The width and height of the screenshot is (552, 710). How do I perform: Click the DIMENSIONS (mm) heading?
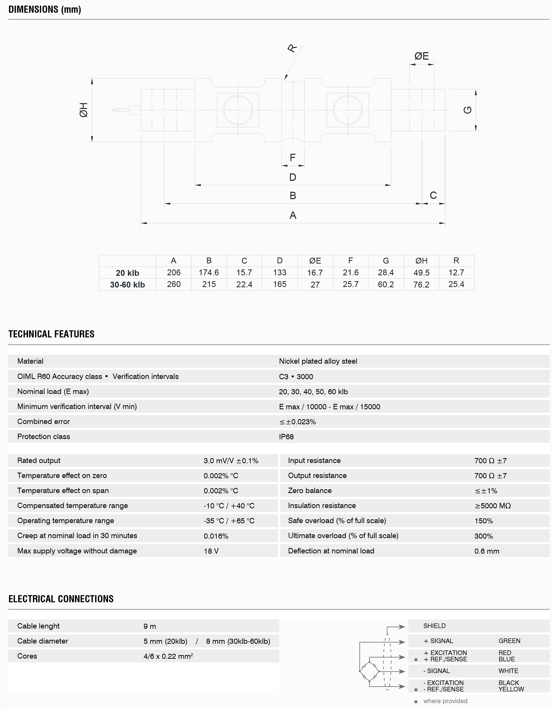(45, 9)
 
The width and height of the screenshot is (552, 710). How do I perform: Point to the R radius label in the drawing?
(292, 48)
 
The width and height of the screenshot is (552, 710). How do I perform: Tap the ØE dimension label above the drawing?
(421, 56)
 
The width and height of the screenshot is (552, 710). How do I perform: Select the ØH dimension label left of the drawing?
(84, 110)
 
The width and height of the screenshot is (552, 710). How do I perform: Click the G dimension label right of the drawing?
(467, 110)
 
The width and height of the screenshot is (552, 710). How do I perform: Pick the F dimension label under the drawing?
(293, 158)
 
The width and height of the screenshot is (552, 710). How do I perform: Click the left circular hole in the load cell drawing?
(238, 110)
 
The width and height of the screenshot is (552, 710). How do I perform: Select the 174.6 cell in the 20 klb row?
(209, 272)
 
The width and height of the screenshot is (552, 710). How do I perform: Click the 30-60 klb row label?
(127, 285)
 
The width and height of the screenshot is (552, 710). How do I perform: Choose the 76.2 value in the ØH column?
(421, 285)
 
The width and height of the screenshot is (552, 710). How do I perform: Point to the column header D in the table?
(280, 261)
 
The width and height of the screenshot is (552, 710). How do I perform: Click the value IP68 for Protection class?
(286, 436)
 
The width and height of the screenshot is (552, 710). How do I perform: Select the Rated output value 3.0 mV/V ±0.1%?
(231, 461)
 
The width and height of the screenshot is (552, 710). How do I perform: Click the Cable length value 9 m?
(150, 626)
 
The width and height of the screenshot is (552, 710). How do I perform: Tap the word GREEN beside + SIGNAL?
(509, 641)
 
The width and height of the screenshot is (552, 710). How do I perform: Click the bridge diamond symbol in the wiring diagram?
(369, 672)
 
